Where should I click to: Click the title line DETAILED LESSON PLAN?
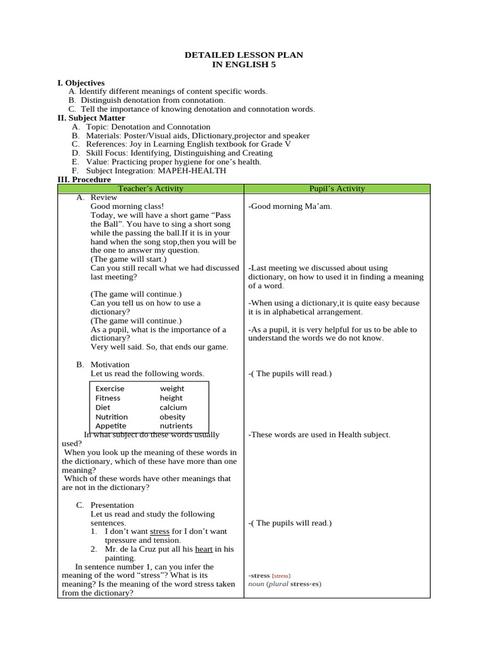(243, 55)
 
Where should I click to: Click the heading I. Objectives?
(81, 83)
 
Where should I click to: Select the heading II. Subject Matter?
(91, 118)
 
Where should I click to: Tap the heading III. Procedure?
(84, 180)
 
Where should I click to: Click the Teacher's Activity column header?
(151, 189)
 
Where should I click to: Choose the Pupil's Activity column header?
(337, 189)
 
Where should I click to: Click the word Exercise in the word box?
(110, 388)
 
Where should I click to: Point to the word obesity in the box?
(173, 417)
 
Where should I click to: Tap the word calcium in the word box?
(173, 408)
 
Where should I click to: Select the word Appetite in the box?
(111, 426)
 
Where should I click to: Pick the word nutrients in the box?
(176, 426)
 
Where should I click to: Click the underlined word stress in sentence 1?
(159, 531)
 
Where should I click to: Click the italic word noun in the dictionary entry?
(256, 584)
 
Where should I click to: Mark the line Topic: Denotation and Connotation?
(148, 127)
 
